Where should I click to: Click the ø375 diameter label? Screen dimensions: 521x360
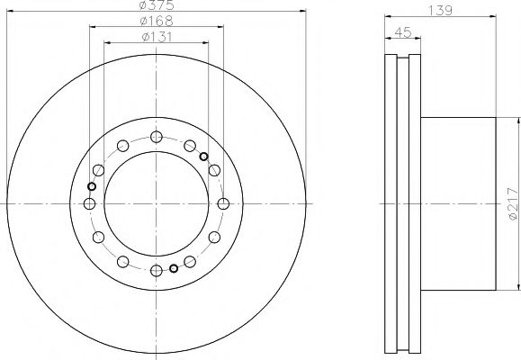pos(157,4)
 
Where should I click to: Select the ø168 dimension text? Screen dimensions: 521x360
pos(157,21)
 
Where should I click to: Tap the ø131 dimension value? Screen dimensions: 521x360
pos(157,37)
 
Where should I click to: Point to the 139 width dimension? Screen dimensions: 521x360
pos(440,10)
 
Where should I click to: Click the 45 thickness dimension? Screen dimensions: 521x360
pos(403,32)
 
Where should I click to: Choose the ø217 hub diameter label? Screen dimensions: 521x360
pos(513,203)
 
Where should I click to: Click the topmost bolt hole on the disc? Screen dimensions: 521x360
pos(157,137)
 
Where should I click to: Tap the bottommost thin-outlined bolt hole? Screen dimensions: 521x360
pos(157,271)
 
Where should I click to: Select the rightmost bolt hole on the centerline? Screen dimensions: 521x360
pos(223,203)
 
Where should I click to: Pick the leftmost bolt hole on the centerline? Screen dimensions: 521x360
pos(89,203)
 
